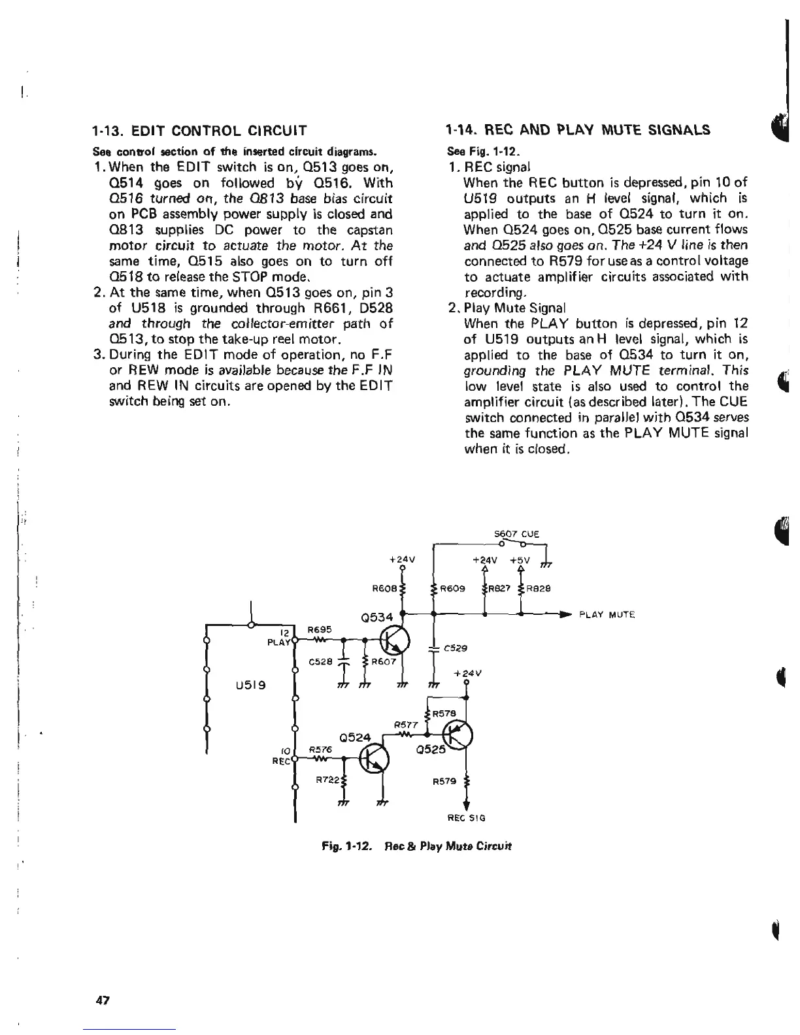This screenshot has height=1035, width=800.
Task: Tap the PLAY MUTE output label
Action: tap(607, 615)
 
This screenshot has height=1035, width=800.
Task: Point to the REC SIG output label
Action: tap(466, 817)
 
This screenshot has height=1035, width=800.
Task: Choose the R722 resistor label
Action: tap(327, 780)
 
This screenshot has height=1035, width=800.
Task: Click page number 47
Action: tap(103, 1000)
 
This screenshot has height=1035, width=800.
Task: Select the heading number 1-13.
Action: tap(107, 130)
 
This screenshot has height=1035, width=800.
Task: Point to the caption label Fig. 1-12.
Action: tap(338, 846)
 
